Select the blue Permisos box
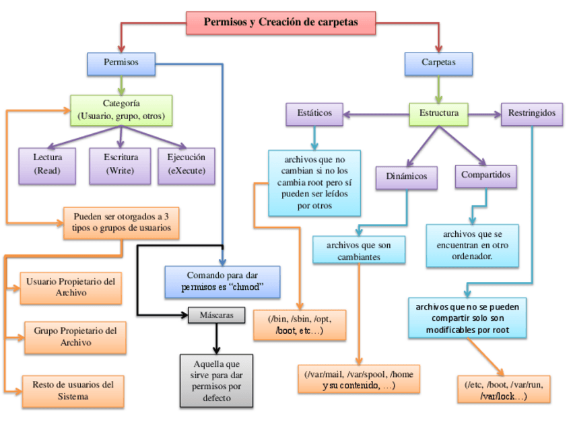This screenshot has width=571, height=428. pos(121,63)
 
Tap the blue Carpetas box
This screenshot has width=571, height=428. pos(438,63)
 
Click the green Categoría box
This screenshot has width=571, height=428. pos(121,110)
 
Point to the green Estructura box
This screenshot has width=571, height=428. pos(438,113)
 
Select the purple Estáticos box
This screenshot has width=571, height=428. pos(314,113)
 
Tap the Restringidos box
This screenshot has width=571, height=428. pos(532,113)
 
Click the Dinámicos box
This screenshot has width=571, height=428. pos(407,176)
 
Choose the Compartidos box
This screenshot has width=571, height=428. pos(485,175)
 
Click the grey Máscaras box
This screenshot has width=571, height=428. pos(216,315)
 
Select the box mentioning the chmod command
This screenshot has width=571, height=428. pos(222,281)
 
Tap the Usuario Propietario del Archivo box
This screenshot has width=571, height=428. pos(71,287)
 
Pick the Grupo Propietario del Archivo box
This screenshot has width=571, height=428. pos(74,336)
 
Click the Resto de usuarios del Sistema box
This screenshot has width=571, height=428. pos(73,390)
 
